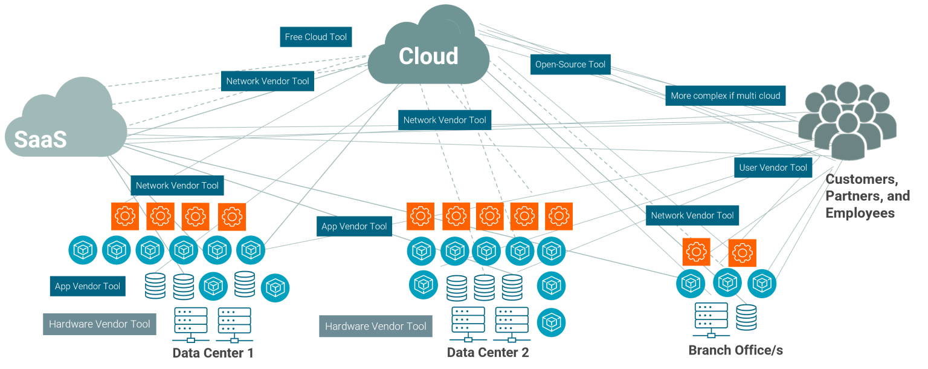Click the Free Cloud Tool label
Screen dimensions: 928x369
pos(316,37)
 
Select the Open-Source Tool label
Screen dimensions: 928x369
pos(570,64)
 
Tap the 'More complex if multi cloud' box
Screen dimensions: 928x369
pos(726,96)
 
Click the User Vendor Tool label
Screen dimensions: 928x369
pos(773,168)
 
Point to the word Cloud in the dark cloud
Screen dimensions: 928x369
pos(428,56)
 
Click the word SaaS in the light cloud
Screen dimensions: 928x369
pos(40,139)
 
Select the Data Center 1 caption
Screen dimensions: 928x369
pos(213,353)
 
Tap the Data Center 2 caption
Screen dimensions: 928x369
pos(488,353)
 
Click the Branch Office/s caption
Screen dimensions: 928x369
pos(735,350)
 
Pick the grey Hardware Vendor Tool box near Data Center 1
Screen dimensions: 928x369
pos(100,324)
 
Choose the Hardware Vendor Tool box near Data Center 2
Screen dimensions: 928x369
pos(375,326)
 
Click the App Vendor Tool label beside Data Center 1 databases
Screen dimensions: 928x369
pos(88,286)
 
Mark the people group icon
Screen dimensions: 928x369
pos(847,120)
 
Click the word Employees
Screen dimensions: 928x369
pos(860,213)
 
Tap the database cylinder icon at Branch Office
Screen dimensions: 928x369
pos(746,317)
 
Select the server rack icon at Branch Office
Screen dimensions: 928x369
pos(711,319)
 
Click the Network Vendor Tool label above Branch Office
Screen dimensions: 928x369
pos(692,215)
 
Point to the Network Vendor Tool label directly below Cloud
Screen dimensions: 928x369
pos(445,120)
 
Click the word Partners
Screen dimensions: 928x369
pos(854,196)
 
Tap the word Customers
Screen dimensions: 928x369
pos(862,179)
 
